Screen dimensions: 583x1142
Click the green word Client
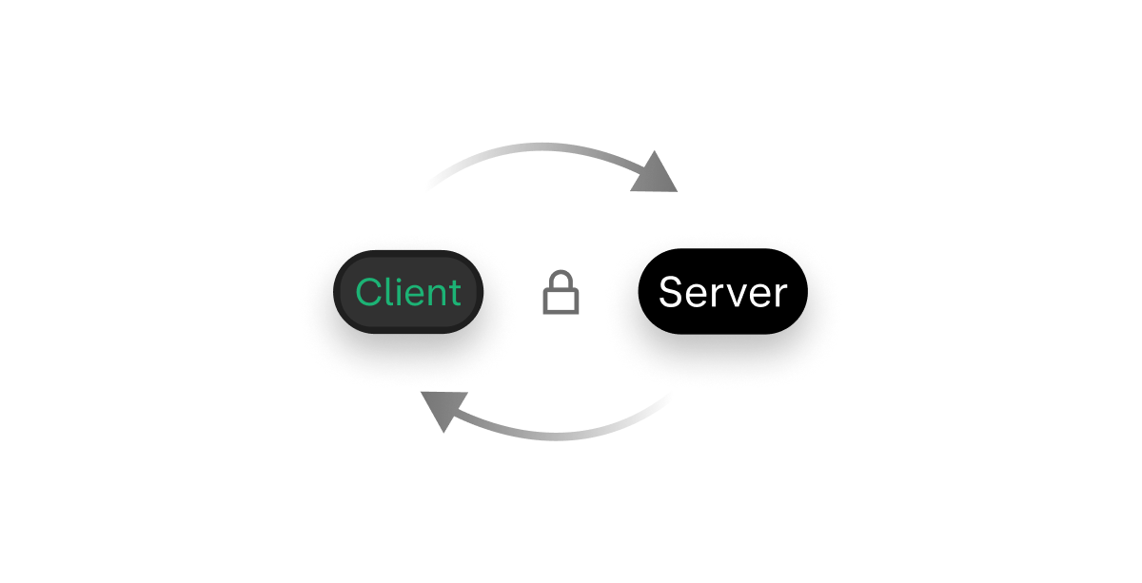click(408, 292)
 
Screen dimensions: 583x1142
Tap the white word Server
click(722, 292)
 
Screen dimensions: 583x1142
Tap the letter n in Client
click(439, 294)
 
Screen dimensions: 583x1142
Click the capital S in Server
click(671, 292)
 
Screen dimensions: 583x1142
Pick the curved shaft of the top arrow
click(542, 146)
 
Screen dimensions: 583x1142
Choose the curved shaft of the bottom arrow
click(561, 437)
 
